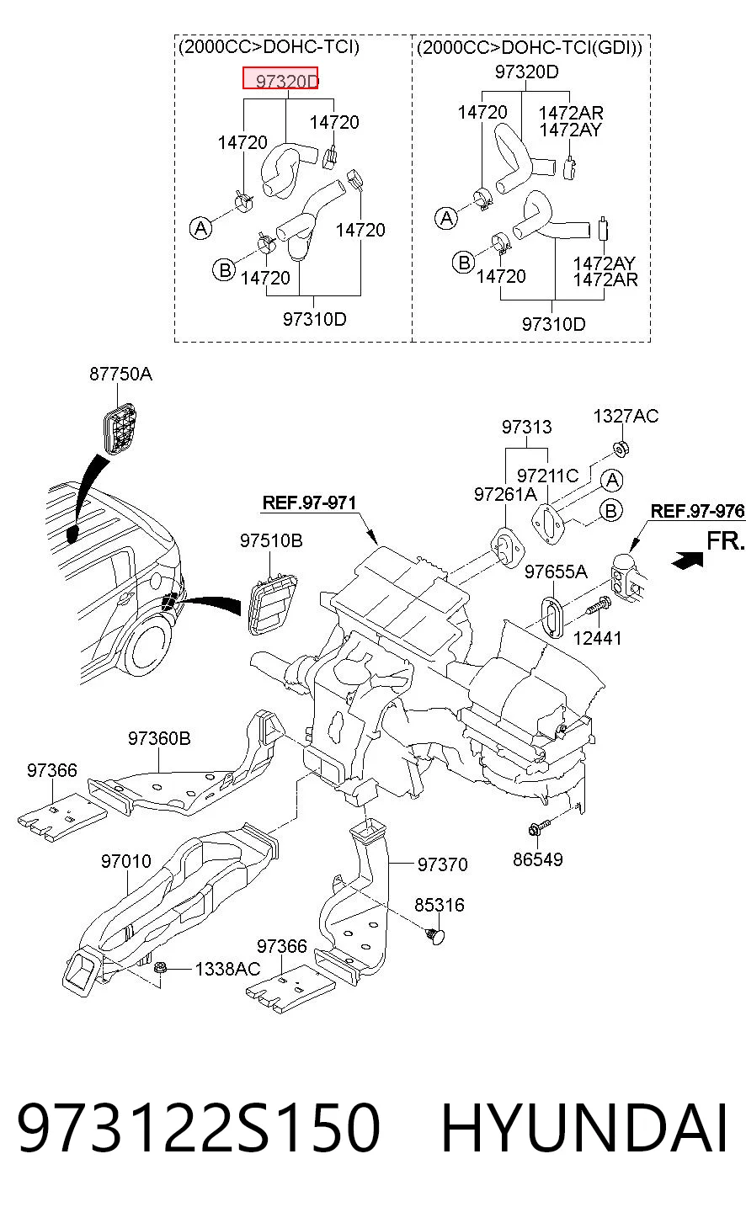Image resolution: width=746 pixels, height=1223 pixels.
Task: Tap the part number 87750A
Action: coord(120,374)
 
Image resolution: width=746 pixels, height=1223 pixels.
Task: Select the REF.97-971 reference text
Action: coord(309,502)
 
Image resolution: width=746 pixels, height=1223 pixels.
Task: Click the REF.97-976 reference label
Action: coord(697,511)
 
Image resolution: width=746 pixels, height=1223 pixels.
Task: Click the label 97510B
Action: coord(271,540)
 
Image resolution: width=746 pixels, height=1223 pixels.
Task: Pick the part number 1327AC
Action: coord(626,416)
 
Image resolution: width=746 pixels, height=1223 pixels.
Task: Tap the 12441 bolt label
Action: coord(597,638)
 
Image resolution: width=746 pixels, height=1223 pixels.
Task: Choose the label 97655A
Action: coord(556,572)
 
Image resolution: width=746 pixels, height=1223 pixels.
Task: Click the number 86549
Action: coord(537,859)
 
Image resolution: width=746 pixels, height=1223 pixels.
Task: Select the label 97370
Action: coord(442,864)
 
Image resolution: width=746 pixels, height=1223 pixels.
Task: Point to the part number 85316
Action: coord(439,905)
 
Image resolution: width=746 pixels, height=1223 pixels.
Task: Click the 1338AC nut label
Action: coord(227,969)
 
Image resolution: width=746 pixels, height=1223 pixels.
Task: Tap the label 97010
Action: coord(125,861)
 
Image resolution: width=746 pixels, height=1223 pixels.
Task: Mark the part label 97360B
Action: coord(159,738)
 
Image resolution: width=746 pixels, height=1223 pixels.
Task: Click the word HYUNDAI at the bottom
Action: coord(584,1127)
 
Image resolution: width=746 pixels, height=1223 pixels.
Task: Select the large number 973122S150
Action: coord(198,1127)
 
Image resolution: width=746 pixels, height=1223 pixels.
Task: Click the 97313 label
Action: coord(526,427)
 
